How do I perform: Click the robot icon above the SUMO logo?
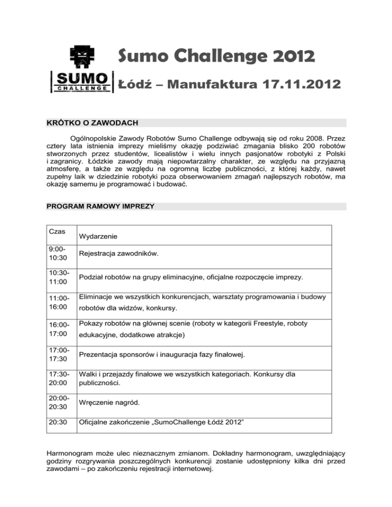(x=82, y=58)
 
